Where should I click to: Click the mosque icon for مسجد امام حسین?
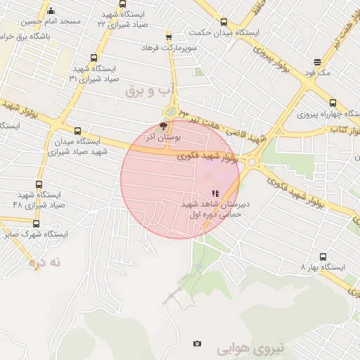pos(50,11)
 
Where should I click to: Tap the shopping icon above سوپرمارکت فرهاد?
pos(169,37)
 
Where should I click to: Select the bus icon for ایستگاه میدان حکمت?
pos(224,22)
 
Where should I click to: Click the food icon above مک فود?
pos(318,62)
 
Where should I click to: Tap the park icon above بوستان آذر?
pos(163,127)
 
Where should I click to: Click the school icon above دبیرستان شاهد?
pos(214,193)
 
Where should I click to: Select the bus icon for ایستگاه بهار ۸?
pos(323,257)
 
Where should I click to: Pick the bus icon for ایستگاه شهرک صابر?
pos(36,224)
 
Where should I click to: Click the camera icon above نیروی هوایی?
pos(197,343)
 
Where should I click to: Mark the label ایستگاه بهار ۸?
pos(323,267)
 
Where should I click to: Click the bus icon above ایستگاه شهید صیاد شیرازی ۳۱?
pos(94,58)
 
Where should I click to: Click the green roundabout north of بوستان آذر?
pos(169,112)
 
